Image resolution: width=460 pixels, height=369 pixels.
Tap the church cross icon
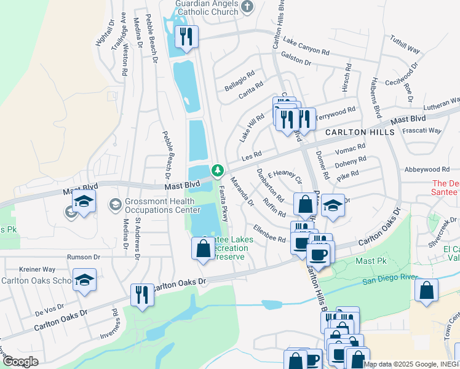click(x=247, y=7)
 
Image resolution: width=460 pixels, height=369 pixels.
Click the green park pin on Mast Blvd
click(x=216, y=170)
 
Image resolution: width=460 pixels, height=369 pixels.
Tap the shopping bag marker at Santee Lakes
click(x=203, y=249)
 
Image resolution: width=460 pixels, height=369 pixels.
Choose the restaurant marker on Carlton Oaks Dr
click(x=142, y=295)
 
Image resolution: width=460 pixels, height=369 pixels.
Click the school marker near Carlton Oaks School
click(x=84, y=280)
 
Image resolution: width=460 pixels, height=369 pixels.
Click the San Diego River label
click(x=393, y=282)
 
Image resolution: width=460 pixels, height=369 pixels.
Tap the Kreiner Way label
click(x=38, y=269)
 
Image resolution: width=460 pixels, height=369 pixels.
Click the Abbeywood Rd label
click(x=427, y=169)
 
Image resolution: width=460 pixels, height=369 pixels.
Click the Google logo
click(x=20, y=362)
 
